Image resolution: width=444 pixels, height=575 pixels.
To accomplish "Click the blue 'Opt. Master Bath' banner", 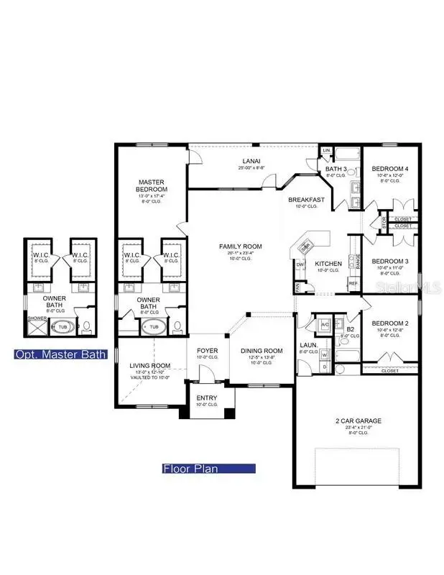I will coord(60,354).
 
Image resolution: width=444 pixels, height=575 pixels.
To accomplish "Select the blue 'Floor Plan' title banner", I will coord(209,469).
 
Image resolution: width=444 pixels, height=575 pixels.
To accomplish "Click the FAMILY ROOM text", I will coord(240,247).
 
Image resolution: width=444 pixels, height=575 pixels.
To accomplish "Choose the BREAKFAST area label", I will coord(307,199).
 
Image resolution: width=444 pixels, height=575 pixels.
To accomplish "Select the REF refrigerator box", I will coord(353,284).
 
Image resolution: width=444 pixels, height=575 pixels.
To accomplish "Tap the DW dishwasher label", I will coord(300,264).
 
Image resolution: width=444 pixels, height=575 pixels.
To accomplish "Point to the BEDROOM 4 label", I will coord(389,169).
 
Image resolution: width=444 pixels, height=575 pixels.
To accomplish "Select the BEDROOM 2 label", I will coord(389,324).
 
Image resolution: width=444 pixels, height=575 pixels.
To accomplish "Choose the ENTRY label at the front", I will coord(206,398).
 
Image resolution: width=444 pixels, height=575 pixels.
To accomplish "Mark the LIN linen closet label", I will coord(325,149).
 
